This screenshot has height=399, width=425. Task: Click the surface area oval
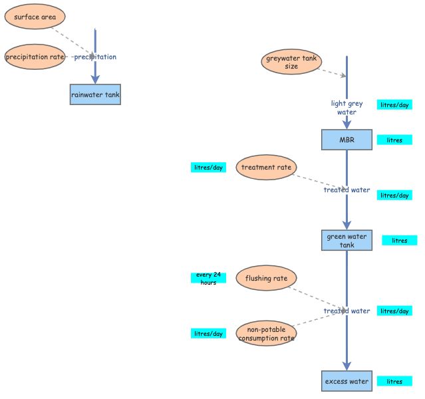point(35,17)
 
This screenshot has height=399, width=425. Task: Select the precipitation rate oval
point(35,57)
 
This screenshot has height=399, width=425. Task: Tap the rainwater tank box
point(95,95)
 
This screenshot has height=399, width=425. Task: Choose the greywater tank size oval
point(291,63)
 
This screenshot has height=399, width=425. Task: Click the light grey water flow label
point(347,108)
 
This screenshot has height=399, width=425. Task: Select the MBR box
point(347,140)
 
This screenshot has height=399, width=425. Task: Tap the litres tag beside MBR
point(394,140)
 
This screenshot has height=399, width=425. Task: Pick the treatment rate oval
point(266,168)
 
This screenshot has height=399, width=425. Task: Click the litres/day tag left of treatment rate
point(208,168)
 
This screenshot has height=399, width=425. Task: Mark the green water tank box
point(347,240)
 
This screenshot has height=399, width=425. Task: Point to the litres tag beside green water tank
point(399,240)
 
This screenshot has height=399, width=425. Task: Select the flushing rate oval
point(266,278)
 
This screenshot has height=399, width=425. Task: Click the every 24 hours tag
point(208,278)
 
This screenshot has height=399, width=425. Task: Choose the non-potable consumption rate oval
point(266,334)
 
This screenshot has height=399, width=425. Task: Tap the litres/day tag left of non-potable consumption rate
point(208,333)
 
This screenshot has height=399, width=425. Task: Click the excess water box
point(347,382)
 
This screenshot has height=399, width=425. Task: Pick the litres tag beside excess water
point(394,382)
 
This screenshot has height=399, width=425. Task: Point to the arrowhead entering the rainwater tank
point(95,79)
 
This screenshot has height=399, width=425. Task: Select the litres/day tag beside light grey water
point(394,105)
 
